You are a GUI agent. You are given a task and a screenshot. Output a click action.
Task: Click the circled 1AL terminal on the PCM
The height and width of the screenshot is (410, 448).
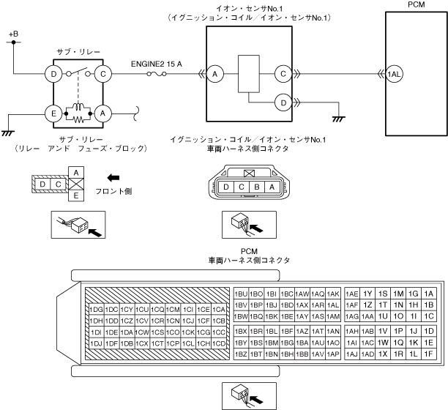click(x=395, y=74)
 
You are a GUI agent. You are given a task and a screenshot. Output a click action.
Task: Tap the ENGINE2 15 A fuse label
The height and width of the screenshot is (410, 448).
click(x=156, y=64)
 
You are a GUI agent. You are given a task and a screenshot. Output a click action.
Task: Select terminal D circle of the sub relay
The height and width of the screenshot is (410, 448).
click(x=54, y=74)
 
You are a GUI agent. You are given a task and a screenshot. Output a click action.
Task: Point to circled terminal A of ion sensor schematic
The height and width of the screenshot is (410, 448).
click(x=214, y=74)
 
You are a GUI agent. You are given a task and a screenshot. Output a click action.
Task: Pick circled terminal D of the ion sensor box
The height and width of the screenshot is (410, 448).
click(x=282, y=102)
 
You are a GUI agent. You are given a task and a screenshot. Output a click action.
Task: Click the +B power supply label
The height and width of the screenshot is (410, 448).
click(x=13, y=34)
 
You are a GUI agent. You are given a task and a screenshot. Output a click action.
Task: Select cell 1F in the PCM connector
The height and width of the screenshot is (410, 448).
click(x=430, y=354)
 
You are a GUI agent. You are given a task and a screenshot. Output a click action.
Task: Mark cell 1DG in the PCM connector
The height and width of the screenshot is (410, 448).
click(x=95, y=308)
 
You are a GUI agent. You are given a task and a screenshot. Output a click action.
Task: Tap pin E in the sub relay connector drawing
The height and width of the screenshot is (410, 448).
click(x=75, y=195)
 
